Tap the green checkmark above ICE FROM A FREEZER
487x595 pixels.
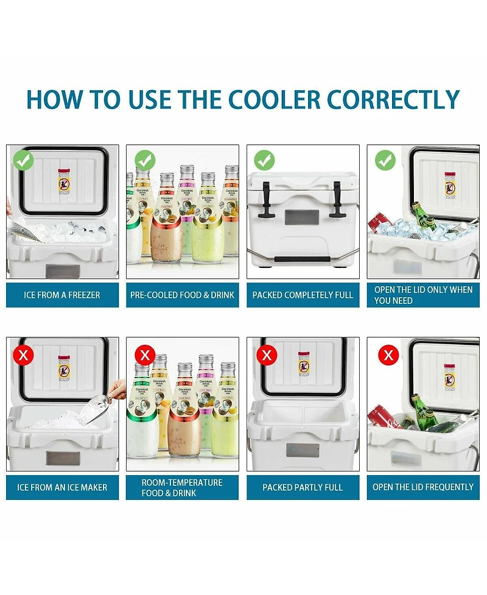click(23, 161)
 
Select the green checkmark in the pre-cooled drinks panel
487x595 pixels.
click(145, 161)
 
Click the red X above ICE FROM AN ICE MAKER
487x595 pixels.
click(23, 354)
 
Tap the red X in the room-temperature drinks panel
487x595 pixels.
click(145, 354)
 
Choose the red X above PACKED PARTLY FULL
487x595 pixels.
click(265, 354)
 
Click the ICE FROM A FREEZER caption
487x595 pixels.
click(62, 295)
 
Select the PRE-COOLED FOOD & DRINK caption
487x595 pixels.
click(182, 295)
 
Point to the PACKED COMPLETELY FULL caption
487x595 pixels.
click(303, 295)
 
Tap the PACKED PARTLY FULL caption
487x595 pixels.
click(303, 487)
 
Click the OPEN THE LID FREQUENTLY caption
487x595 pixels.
click(423, 487)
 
